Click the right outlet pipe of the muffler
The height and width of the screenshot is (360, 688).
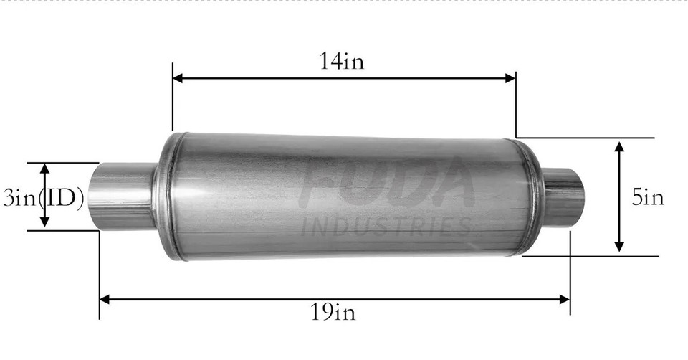(562, 195)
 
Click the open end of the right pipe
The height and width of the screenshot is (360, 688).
(578, 196)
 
